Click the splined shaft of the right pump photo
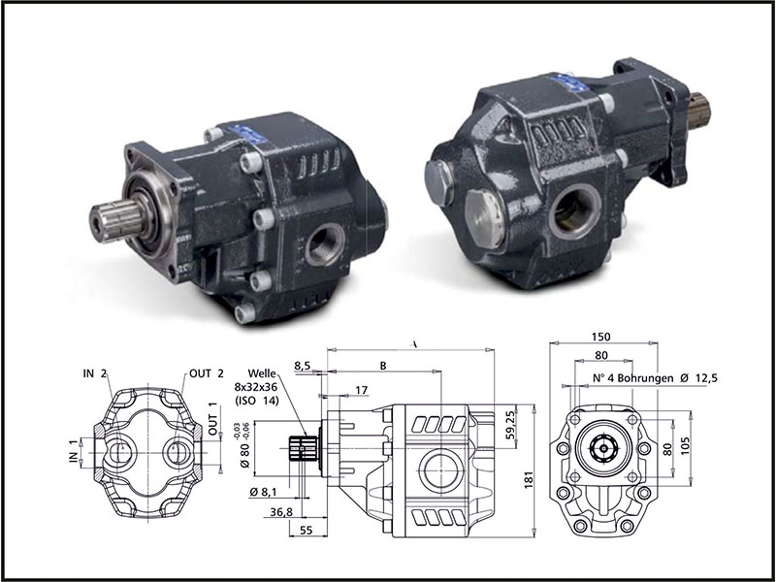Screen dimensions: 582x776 698,110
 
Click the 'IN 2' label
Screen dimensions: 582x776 94,373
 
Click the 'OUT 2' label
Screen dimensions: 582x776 207,373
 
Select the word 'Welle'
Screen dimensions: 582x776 264,372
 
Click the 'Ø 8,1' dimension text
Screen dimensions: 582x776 264,492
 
